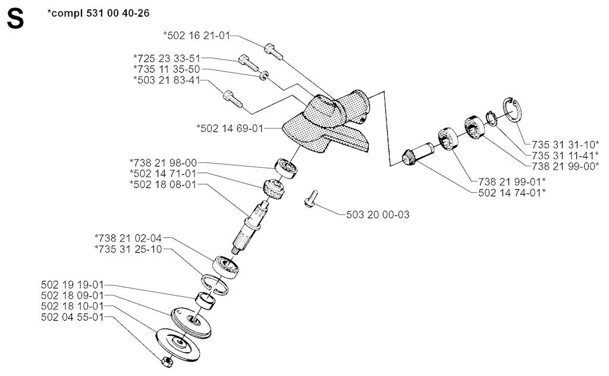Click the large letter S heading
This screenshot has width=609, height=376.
[15, 19]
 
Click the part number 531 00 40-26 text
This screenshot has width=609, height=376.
[115, 13]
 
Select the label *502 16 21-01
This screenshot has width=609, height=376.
[197, 36]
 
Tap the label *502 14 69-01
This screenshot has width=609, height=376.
[230, 128]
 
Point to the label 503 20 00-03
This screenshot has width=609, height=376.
[378, 215]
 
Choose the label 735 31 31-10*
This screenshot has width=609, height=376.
[566, 145]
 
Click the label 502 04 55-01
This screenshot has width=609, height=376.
[73, 317]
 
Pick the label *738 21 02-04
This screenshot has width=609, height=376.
[128, 238]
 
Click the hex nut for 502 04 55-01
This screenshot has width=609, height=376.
[167, 362]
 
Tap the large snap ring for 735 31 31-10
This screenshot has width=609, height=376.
[513, 109]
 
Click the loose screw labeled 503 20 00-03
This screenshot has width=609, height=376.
[310, 199]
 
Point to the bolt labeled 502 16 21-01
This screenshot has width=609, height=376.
[274, 52]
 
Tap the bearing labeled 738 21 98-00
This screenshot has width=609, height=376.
[287, 169]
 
